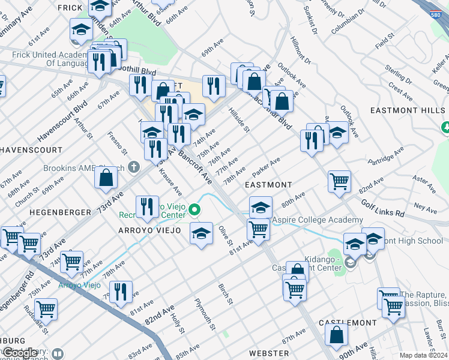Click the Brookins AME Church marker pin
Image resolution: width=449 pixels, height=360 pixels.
(134, 167)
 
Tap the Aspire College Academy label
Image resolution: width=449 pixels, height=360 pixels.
(310, 220)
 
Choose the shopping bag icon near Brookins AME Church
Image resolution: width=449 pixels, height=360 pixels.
(106, 178)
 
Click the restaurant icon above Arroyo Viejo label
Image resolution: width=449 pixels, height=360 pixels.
(147, 206)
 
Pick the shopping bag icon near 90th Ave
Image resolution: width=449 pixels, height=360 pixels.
(337, 334)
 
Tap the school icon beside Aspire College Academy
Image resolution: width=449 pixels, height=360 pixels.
(261, 208)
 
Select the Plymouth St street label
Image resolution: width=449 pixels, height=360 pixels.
(204, 314)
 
